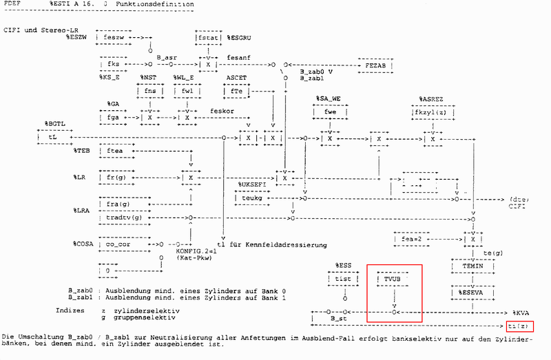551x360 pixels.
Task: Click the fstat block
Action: point(208,36)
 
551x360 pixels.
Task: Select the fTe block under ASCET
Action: point(236,91)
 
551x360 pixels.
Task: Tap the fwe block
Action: point(330,112)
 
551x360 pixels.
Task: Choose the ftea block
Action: point(116,151)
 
